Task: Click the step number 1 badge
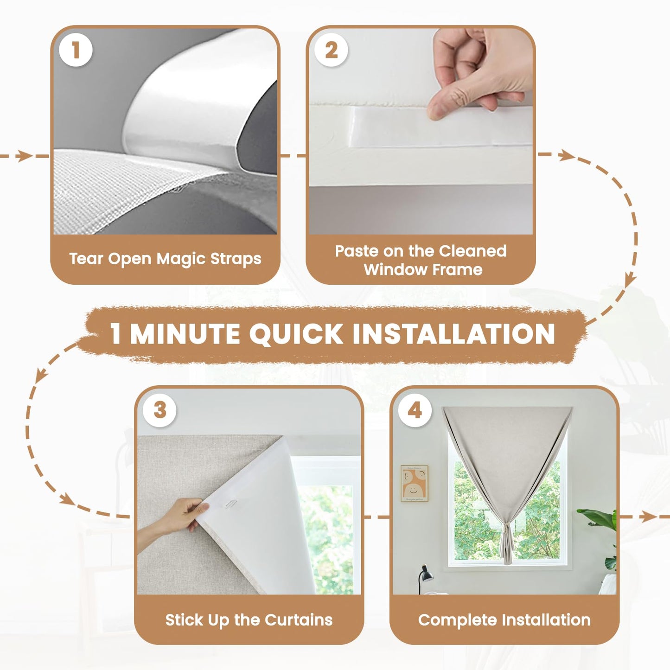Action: tap(76, 50)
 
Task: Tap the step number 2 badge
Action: tap(331, 50)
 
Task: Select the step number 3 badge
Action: tap(160, 410)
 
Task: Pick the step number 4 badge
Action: tap(415, 410)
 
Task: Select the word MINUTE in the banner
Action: tap(185, 334)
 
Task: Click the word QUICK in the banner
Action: tap(296, 334)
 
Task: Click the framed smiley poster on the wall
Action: tap(414, 483)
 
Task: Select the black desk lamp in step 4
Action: tap(425, 575)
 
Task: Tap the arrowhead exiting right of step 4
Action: tap(648, 516)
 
